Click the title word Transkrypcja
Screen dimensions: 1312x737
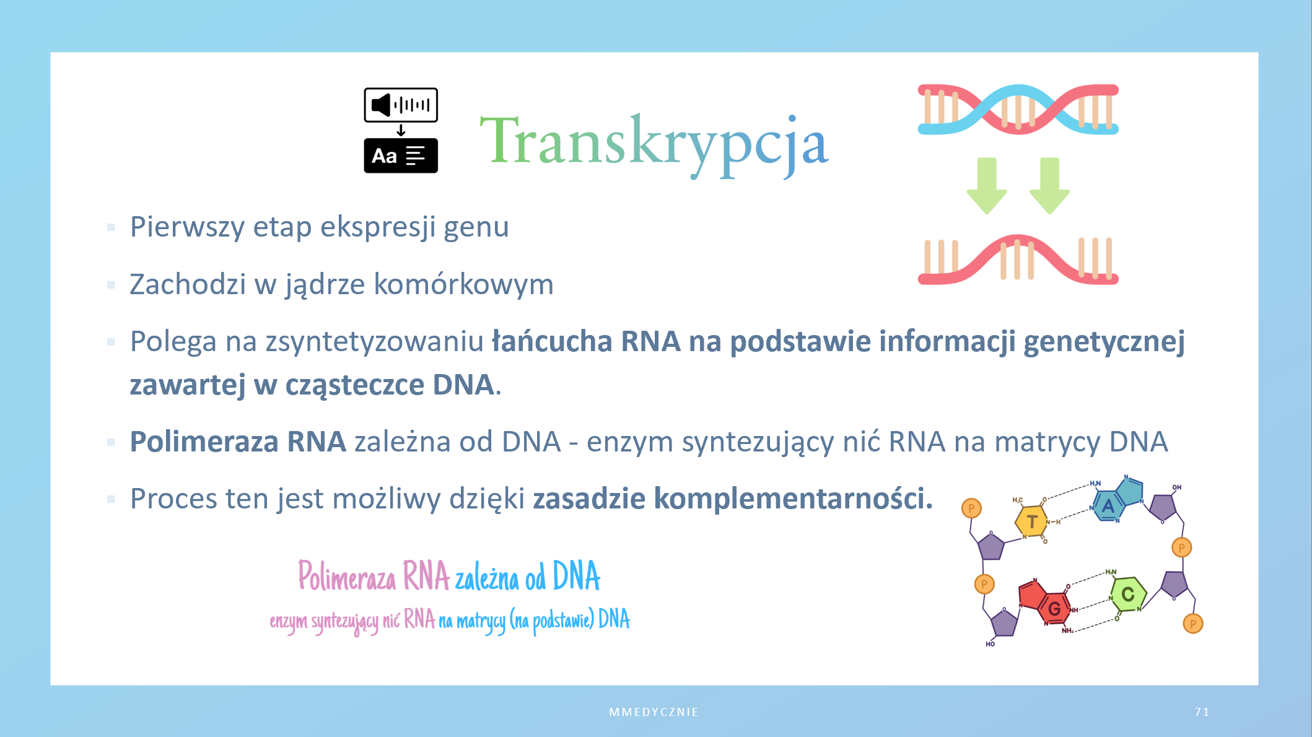(x=654, y=145)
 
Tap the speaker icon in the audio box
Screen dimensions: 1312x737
(x=382, y=105)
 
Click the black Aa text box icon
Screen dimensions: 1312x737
(x=401, y=155)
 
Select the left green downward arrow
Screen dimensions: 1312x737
(x=987, y=186)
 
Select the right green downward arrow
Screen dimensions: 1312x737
(x=1049, y=186)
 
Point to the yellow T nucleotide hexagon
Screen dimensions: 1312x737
(x=1031, y=521)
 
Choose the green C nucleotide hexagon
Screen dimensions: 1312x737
(x=1128, y=595)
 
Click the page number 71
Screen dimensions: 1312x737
(x=1202, y=712)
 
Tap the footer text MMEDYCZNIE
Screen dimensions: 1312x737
(x=654, y=712)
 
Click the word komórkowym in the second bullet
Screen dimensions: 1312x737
(x=463, y=284)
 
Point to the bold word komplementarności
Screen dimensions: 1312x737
(x=793, y=499)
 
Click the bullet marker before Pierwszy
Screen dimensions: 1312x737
(x=111, y=227)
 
